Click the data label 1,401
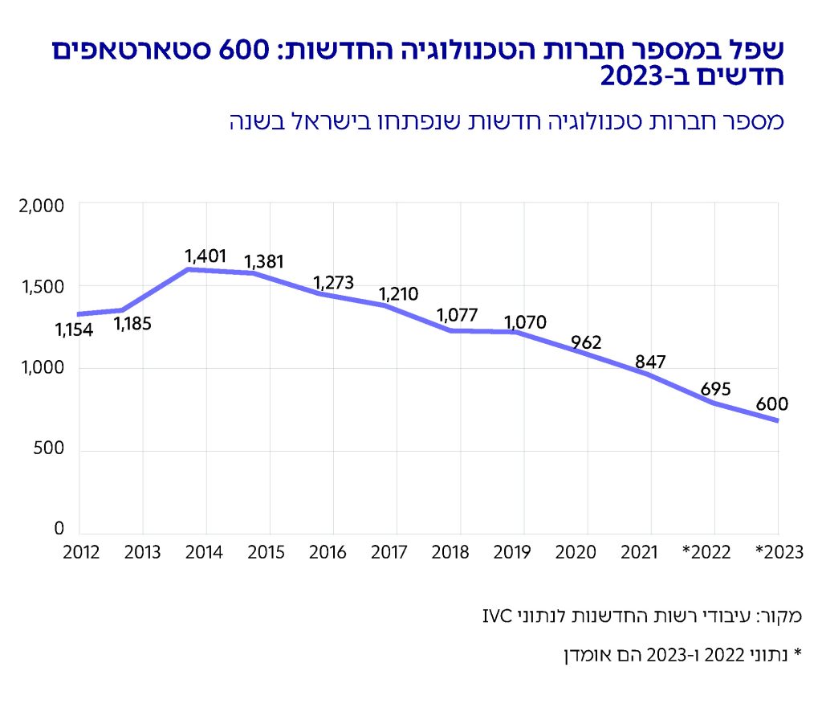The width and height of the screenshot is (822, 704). pyautogui.click(x=207, y=256)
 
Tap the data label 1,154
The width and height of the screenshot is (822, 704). pyautogui.click(x=74, y=330)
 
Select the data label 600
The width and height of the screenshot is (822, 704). pyautogui.click(x=771, y=403)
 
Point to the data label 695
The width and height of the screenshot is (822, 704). pyautogui.click(x=715, y=389)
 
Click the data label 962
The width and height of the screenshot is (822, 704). pyautogui.click(x=586, y=342)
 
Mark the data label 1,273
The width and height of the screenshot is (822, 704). pyautogui.click(x=333, y=283)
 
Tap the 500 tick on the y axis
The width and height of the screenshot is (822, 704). pyautogui.click(x=49, y=450)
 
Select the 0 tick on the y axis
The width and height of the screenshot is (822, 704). pyautogui.click(x=59, y=529)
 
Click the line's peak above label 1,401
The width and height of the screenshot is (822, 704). pyautogui.click(x=189, y=269)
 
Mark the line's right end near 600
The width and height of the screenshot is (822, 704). pyautogui.click(x=777, y=420)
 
